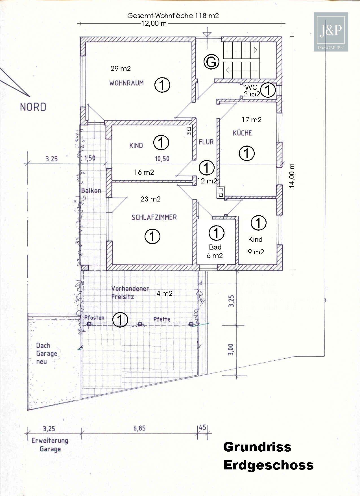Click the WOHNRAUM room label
126,83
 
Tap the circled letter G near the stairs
211,62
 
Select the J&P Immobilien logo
331,32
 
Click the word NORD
33,107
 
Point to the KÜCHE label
242,133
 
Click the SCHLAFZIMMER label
154,217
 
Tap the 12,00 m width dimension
154,23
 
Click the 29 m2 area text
121,69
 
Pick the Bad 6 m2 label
215,251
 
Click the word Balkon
91,190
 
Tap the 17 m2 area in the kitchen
251,120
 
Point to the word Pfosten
94,318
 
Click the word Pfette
162,319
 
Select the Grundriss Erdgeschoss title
268,456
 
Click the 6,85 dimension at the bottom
139,428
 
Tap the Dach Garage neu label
47,353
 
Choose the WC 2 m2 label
251,91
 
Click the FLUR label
206,142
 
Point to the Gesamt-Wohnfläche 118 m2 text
173,16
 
